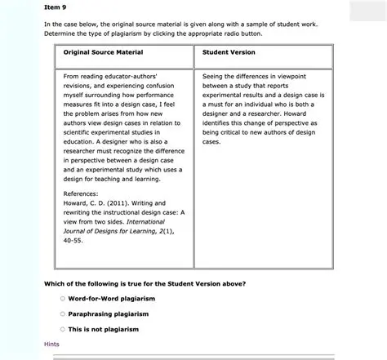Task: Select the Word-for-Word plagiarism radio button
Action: (62, 298)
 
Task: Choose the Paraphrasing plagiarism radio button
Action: (62, 313)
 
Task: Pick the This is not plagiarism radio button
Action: (62, 329)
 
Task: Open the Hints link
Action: (51, 344)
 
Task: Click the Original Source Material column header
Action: (103, 52)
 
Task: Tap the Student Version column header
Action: (229, 52)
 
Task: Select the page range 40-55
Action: (73, 241)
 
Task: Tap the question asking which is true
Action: (145, 282)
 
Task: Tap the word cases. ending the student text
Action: (211, 141)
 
